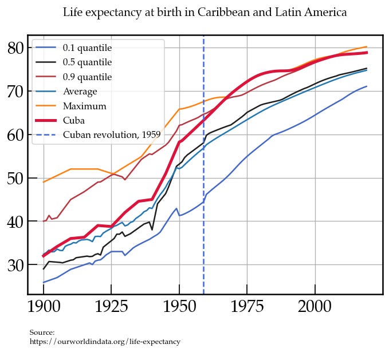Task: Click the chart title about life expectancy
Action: [x=205, y=12]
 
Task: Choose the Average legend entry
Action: [x=80, y=91]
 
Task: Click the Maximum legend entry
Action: [x=84, y=106]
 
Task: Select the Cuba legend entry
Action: [x=74, y=120]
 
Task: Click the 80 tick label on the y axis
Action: [x=17, y=48]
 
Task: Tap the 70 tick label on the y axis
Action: [x=17, y=91]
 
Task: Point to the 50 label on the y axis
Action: [x=17, y=178]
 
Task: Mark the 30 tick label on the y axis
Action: [x=17, y=265]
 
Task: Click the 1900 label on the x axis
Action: [x=44, y=307]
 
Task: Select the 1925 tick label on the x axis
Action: [x=112, y=307]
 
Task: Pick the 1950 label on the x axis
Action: [x=179, y=307]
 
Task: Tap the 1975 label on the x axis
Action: [x=247, y=307]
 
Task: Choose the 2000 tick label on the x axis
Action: [x=315, y=307]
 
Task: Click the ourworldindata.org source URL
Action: [x=105, y=342]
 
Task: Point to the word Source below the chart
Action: [x=42, y=333]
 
